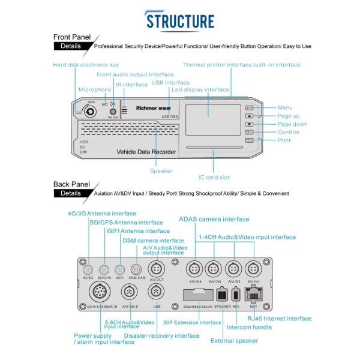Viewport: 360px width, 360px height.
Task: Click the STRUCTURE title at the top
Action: (x=180, y=20)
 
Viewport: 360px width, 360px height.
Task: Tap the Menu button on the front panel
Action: (x=250, y=107)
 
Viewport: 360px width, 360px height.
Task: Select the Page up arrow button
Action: (x=250, y=116)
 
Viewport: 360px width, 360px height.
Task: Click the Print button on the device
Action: (x=250, y=140)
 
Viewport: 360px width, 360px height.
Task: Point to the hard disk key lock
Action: (x=90, y=111)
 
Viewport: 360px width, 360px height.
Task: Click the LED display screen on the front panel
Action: (x=208, y=112)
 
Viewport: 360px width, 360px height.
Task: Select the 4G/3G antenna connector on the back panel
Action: (x=88, y=269)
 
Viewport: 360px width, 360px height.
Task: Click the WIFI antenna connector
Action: (x=119, y=269)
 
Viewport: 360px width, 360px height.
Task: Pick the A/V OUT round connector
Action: (x=155, y=268)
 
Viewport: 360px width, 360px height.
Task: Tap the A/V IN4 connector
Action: (x=194, y=268)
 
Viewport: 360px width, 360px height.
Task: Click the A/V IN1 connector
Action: (x=253, y=268)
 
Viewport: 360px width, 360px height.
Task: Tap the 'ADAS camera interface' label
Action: (x=214, y=219)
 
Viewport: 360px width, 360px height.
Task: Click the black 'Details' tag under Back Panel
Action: (x=71, y=193)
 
